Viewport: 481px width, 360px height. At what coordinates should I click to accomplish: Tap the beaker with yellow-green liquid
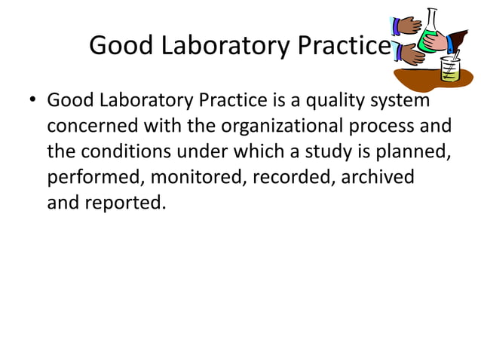[x=450, y=72]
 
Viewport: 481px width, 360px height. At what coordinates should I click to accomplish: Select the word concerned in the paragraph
[x=94, y=127]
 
